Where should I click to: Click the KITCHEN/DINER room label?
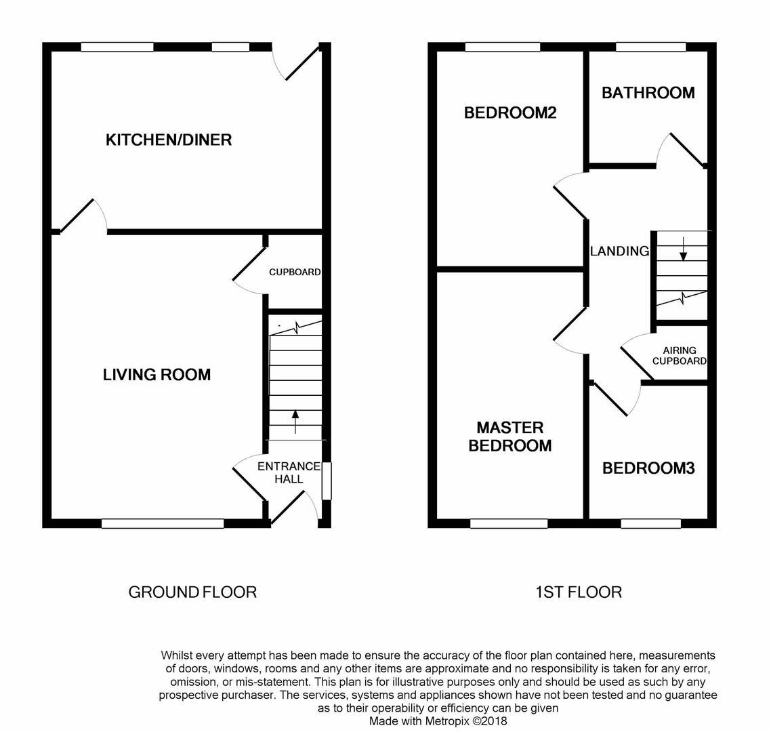point(169,140)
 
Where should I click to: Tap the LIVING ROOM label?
point(157,374)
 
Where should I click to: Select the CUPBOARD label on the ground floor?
point(295,272)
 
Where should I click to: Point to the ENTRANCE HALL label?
point(289,472)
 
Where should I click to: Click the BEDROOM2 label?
point(509,113)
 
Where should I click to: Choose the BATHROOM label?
point(648,92)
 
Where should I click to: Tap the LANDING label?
point(619,251)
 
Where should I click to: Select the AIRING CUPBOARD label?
point(679,356)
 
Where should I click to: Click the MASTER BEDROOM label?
point(509,436)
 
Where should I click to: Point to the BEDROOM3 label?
point(648,468)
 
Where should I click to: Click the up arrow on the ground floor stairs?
point(295,421)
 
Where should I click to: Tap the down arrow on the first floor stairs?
point(683,248)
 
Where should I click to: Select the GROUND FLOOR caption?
point(192,592)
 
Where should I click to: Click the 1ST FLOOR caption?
point(578,592)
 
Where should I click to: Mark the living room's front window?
point(163,523)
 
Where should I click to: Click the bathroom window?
point(650,47)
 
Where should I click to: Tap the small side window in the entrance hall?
point(326,481)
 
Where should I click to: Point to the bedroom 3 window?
point(650,523)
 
